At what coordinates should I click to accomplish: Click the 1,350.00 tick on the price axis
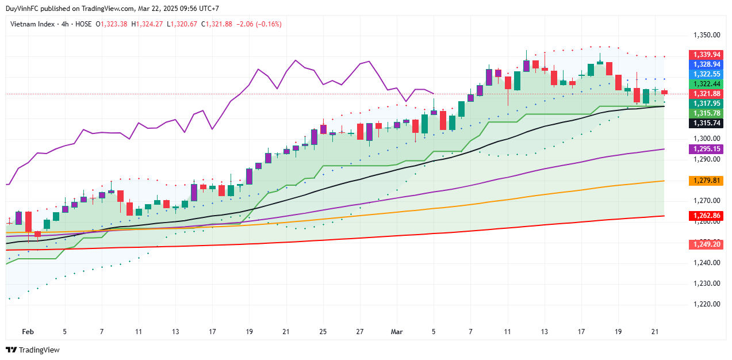tap(706, 35)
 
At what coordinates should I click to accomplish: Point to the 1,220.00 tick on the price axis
tap(706, 304)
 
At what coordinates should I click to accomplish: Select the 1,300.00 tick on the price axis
tap(706, 139)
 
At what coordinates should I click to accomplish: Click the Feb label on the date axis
tap(28, 332)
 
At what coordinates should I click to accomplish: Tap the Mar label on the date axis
tap(397, 332)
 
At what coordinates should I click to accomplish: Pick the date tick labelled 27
tap(359, 332)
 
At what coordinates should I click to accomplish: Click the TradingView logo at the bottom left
tap(33, 350)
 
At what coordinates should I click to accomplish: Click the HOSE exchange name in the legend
tap(83, 24)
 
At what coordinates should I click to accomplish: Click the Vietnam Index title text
tap(33, 24)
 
